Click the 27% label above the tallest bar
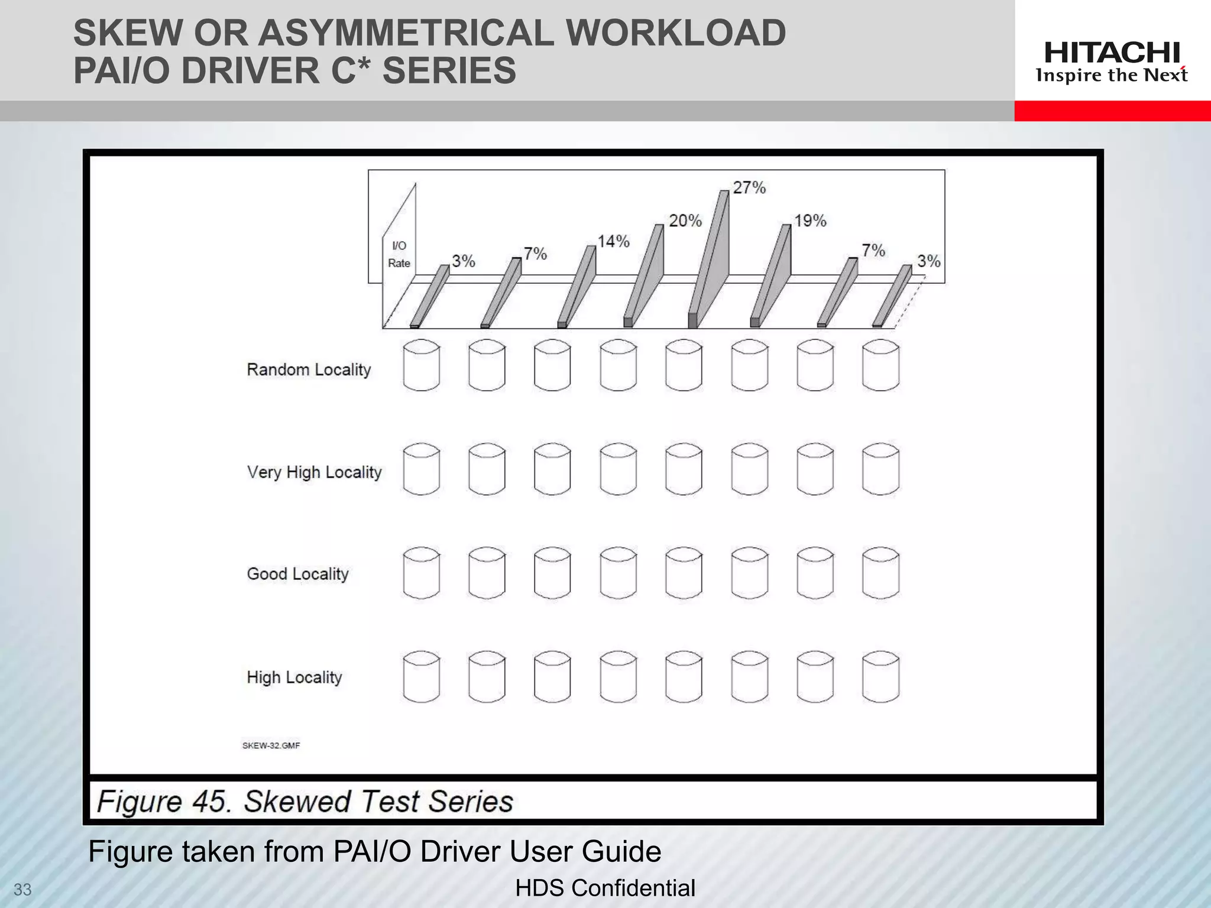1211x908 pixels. click(749, 188)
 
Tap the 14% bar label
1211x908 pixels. click(613, 242)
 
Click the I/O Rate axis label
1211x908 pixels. click(399, 254)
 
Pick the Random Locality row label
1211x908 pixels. click(309, 369)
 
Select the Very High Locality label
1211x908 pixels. click(314, 472)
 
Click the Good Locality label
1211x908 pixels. click(297, 574)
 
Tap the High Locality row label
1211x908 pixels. click(294, 677)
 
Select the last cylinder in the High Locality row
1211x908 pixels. click(880, 677)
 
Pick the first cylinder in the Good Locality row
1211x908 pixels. click(421, 573)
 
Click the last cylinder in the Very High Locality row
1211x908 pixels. click(880, 469)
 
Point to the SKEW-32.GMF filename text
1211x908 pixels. click(271, 745)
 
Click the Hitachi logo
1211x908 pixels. click(1112, 61)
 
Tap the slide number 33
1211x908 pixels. click(22, 890)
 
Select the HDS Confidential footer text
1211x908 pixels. click(605, 888)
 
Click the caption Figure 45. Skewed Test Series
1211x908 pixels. click(305, 802)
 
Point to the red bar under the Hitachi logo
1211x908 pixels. click(1112, 111)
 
